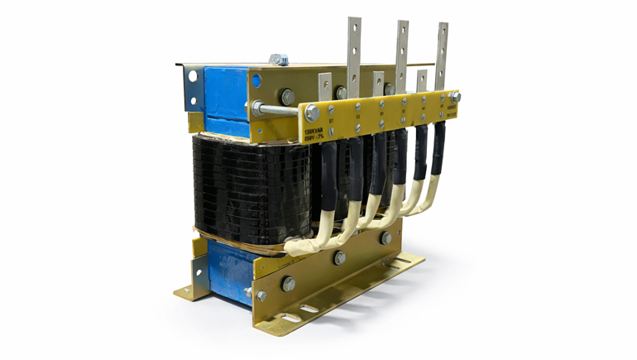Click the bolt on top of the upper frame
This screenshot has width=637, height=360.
pos(277,60)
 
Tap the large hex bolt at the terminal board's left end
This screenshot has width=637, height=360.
pos(312,113)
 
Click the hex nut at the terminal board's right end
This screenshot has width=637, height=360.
pos(455,97)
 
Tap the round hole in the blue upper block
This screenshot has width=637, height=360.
pos(248,79)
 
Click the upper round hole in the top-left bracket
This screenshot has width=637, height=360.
pos(192,76)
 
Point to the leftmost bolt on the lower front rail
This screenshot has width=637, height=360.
pos(288,284)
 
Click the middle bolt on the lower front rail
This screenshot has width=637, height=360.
pos(340,258)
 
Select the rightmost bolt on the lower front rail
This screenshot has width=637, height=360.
pos(386,238)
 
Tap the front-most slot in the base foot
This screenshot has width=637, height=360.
pos(290,318)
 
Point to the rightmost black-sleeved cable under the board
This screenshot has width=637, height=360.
pos(437,153)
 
